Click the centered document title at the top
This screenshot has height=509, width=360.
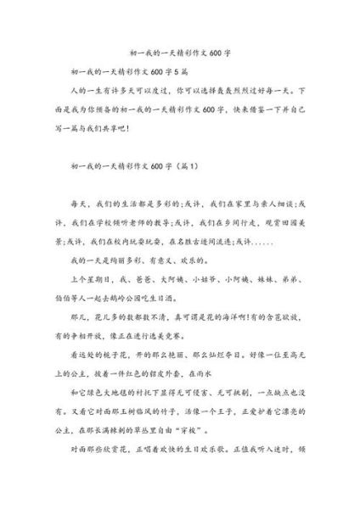point(179,51)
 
